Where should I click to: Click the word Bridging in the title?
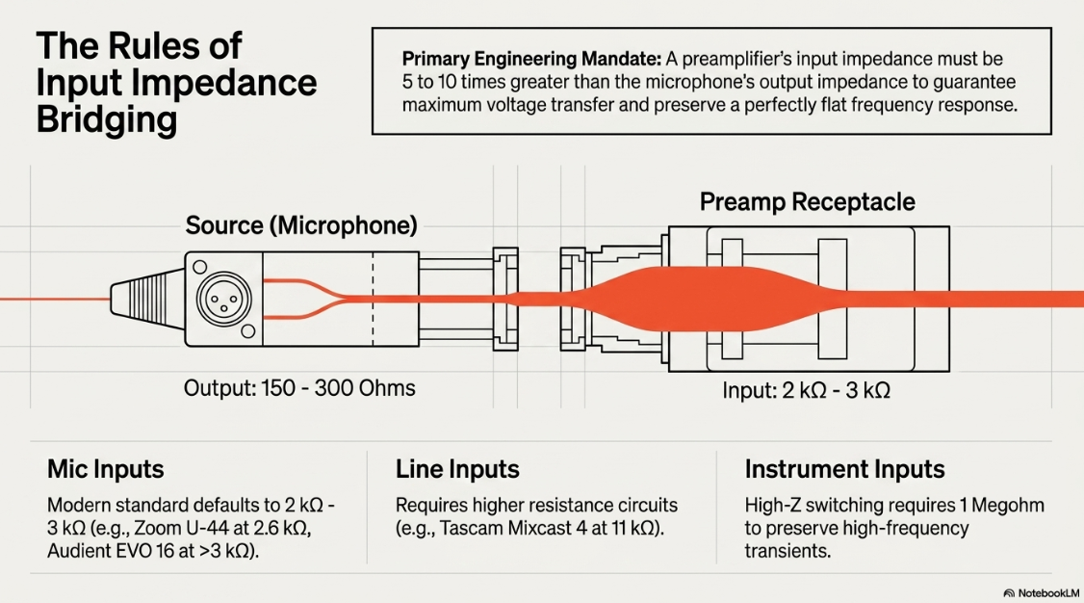107,119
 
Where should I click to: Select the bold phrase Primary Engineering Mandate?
531,59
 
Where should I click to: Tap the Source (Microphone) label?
301,225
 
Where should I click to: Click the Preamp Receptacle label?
807,202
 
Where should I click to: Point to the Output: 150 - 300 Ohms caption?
299,388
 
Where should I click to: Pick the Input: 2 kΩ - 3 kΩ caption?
806,390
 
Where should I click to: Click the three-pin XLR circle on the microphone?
223,299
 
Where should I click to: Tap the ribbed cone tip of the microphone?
147,300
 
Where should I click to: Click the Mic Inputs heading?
106,469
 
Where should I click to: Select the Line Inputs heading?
457,469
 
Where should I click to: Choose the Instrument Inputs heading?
844,469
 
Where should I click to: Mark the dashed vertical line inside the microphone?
374,299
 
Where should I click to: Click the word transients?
787,551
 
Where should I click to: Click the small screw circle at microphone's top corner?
200,267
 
